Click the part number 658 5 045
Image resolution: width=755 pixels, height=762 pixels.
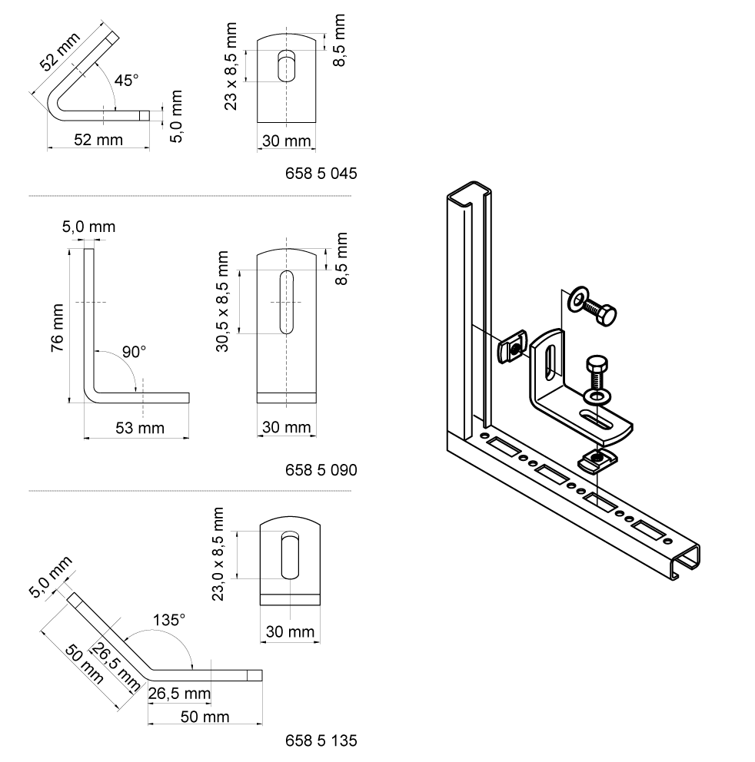(321, 174)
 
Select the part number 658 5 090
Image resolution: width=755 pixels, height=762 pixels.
(321, 469)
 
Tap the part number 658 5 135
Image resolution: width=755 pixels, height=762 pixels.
(321, 741)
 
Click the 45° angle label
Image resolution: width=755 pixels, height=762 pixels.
(126, 80)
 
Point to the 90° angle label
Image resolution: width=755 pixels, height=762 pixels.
(133, 352)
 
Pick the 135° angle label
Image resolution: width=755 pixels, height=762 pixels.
(169, 620)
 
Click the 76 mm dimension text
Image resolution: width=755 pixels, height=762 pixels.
(57, 326)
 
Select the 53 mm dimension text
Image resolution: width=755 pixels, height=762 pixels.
(136, 427)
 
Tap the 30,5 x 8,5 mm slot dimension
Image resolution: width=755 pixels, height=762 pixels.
(224, 301)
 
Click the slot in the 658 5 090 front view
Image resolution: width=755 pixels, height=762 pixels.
(286, 301)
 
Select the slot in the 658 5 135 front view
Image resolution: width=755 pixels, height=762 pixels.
(289, 555)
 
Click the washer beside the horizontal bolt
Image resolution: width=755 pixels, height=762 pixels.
(576, 300)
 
